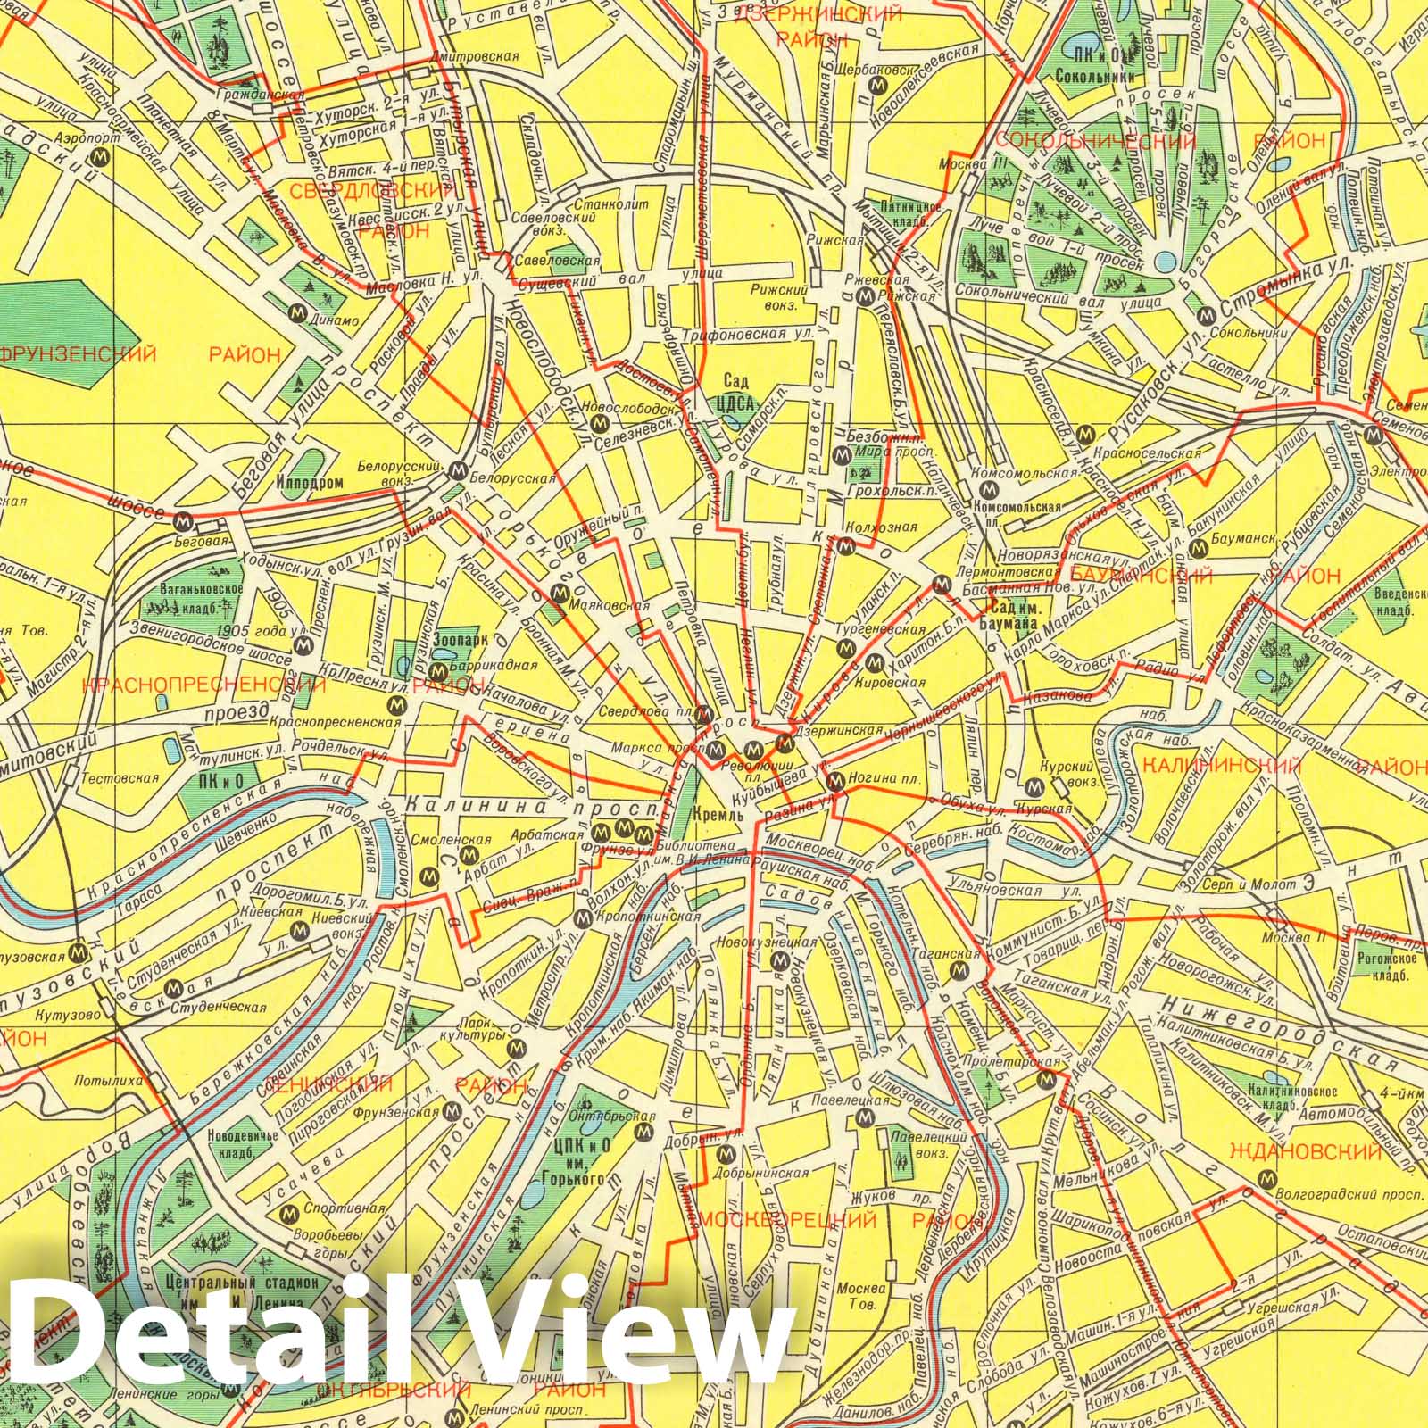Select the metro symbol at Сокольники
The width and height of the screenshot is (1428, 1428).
tap(1206, 315)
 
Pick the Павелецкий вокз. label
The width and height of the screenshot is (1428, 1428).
tap(932, 1146)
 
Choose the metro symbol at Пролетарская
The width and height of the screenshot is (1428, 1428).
tap(1045, 1082)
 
